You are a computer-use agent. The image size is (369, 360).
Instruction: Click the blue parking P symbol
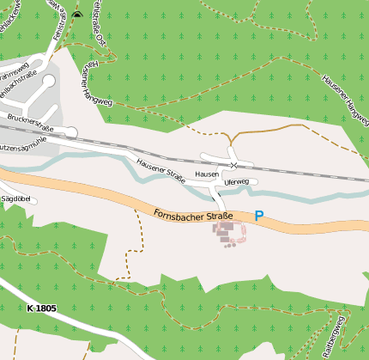point(259,217)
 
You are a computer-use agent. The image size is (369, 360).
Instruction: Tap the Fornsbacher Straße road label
point(194,215)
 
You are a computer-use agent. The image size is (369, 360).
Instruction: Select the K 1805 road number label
point(40,308)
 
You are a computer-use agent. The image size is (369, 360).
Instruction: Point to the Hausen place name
point(207,174)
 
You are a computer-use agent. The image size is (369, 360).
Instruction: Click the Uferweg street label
point(236,182)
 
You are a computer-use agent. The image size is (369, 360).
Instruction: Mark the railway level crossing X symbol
point(233,164)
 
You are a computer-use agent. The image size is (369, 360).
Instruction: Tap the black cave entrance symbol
point(76,15)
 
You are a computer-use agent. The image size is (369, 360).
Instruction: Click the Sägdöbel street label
point(16,198)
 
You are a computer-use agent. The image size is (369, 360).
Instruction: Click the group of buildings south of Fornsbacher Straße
point(227,233)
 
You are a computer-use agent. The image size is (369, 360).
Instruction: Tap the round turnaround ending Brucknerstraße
point(71,132)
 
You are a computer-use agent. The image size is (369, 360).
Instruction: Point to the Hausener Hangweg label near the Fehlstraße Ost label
point(98,83)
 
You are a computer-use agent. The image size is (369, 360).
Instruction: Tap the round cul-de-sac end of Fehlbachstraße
point(48,81)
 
